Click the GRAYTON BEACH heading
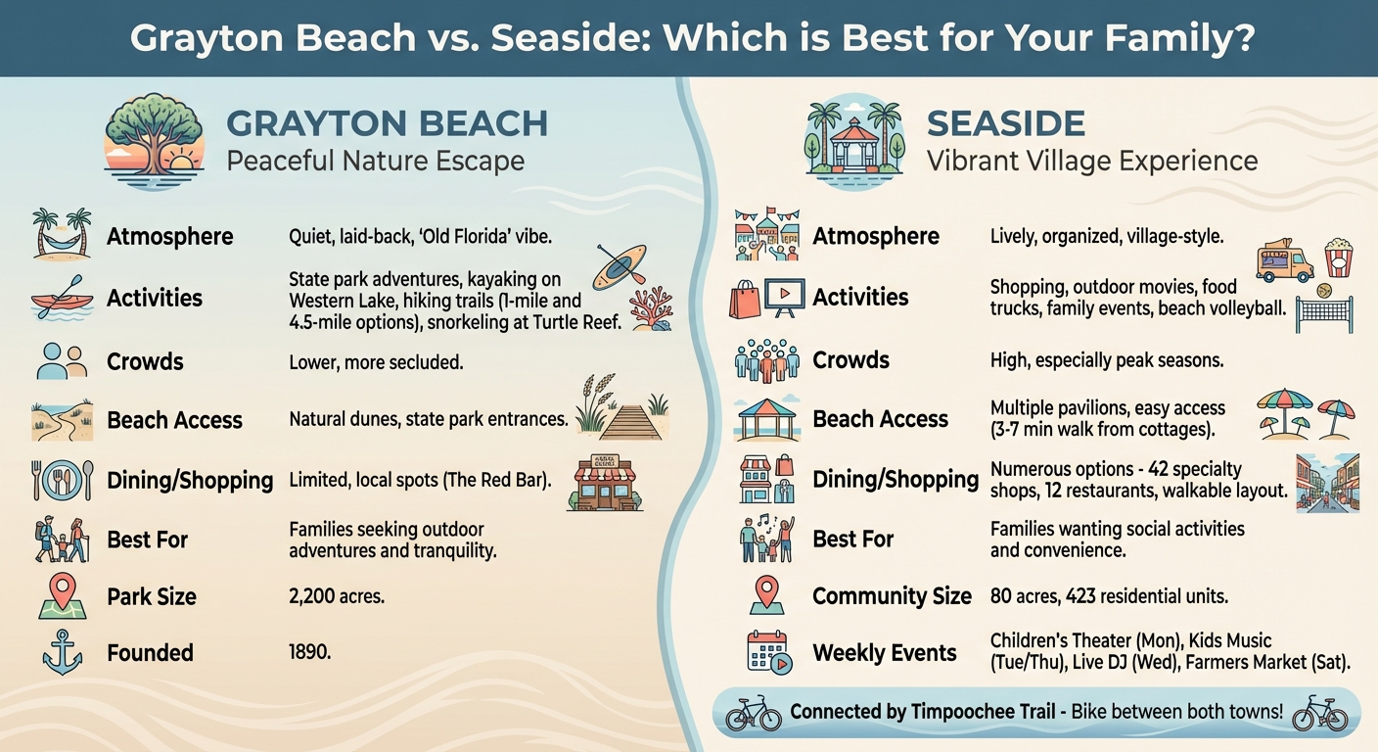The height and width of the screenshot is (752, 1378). pos(387,124)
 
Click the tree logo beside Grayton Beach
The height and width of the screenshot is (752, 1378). pos(154,139)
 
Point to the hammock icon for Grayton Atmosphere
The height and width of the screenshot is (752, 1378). pos(61,234)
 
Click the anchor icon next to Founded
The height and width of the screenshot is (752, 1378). pos(61,653)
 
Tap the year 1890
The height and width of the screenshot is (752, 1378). pos(309,652)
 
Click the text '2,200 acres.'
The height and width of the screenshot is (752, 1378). pos(337,596)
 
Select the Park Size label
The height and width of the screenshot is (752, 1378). pos(151,596)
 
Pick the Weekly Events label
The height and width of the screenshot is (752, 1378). pos(884,653)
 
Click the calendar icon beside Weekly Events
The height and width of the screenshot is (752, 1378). pos(767,652)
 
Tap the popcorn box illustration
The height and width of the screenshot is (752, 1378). pos(1338,258)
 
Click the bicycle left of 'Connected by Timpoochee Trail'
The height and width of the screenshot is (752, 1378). pos(753,714)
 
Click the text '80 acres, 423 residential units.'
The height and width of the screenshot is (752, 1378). pos(1109,595)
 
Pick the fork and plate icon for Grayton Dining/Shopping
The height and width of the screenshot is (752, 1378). pos(62,480)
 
